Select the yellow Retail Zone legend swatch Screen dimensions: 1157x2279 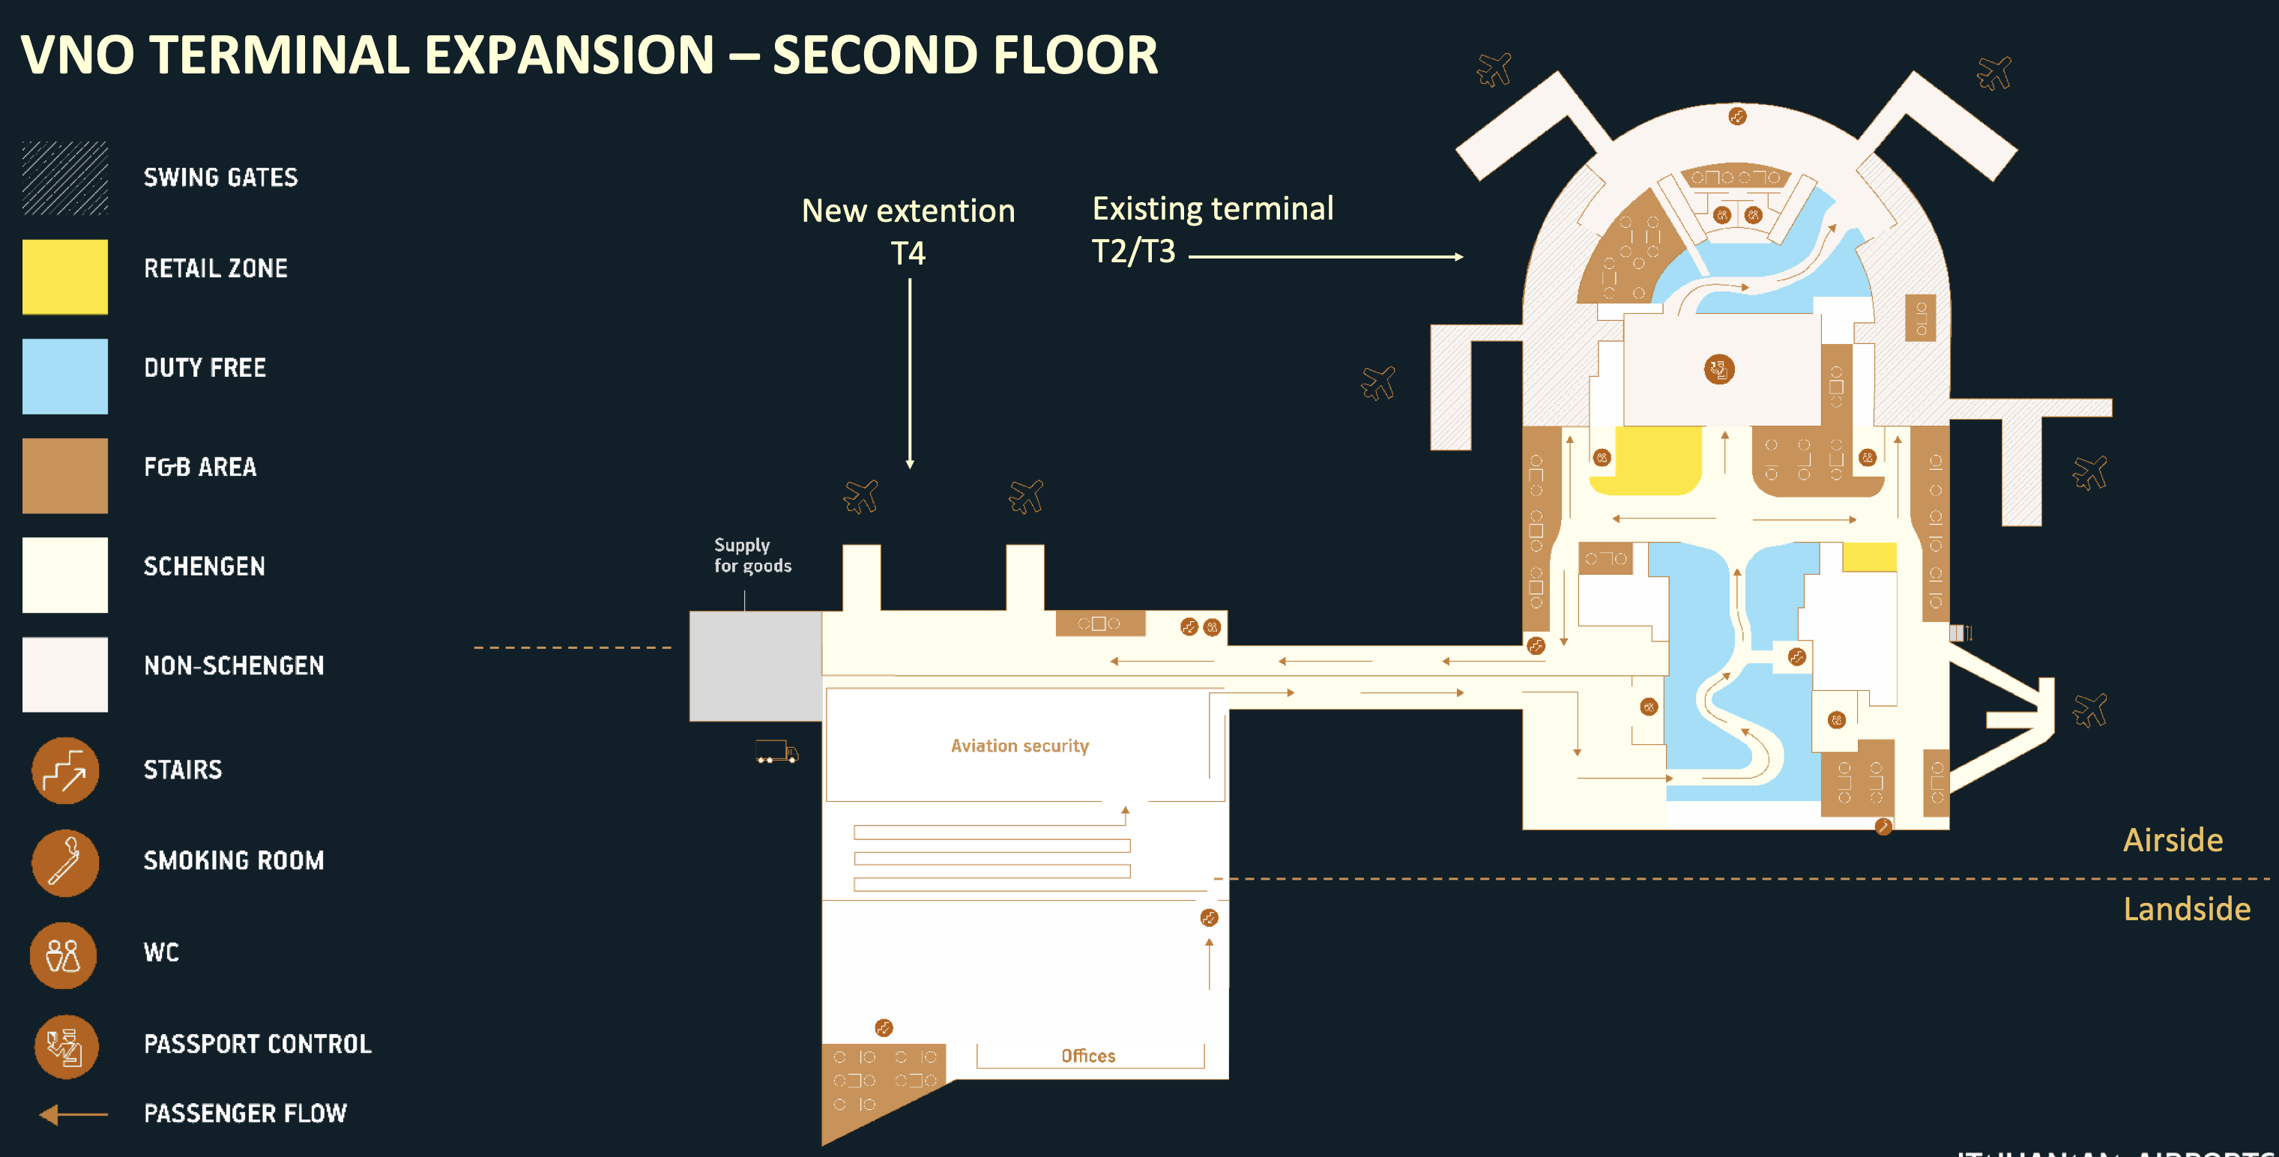click(64, 277)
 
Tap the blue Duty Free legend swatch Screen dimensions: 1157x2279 click(64, 376)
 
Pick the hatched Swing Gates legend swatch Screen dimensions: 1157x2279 click(64, 178)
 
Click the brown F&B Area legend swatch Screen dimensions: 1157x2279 click(64, 476)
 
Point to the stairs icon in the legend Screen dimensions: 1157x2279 click(64, 770)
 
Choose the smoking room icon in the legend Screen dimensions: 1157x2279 click(64, 863)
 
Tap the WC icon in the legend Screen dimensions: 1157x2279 click(63, 955)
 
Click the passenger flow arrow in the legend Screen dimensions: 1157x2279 click(73, 1114)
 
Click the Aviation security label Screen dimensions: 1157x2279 click(1019, 746)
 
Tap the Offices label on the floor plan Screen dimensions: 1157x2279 click(1087, 1055)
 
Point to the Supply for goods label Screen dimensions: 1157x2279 click(752, 555)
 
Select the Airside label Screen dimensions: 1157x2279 click(2172, 839)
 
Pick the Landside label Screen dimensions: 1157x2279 click(2186, 908)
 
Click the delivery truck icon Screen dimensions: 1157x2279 click(776, 751)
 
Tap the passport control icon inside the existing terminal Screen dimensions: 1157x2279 click(1719, 369)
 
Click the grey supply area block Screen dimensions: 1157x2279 click(755, 665)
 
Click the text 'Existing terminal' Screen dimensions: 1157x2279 click(1212, 209)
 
